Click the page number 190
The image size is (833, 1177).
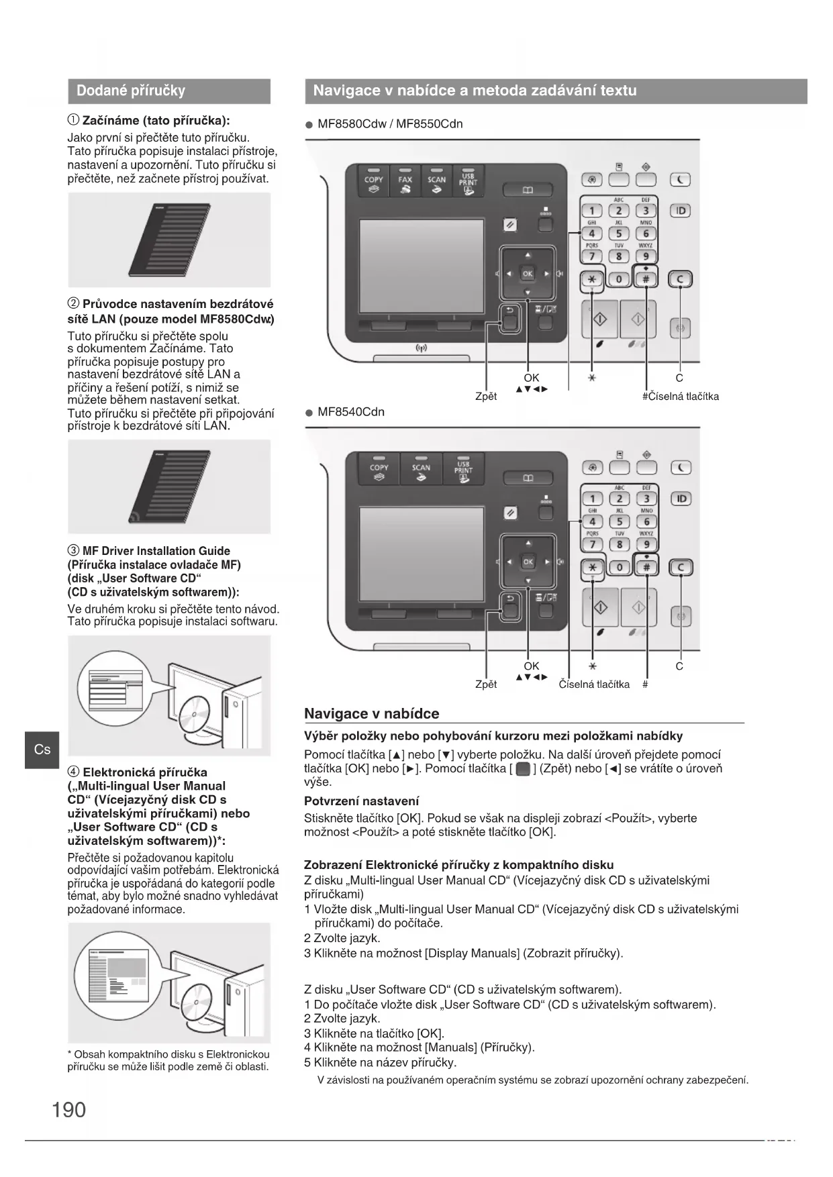(x=68, y=1109)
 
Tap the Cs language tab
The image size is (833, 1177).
(x=42, y=749)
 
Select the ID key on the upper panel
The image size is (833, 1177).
(x=681, y=211)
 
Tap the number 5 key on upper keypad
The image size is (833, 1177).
(x=619, y=234)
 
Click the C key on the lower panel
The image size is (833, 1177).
(x=681, y=568)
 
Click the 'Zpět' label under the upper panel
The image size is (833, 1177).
(x=486, y=397)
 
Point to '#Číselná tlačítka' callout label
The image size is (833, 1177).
(x=680, y=397)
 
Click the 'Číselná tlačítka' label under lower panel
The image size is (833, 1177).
(x=594, y=684)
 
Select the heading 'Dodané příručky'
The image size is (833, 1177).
(x=131, y=91)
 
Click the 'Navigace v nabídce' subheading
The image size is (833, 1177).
(x=371, y=714)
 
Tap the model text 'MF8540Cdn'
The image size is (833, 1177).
(x=351, y=412)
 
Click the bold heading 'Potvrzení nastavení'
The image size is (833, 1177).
(x=361, y=801)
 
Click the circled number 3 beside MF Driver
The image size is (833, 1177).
(x=74, y=551)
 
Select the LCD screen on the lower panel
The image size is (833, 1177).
(x=422, y=554)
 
